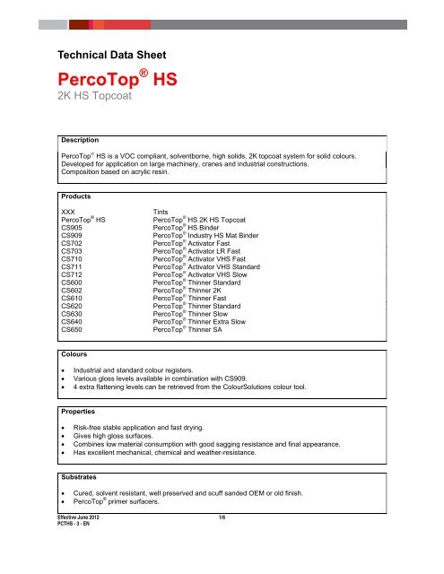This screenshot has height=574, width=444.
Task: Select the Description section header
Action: [x=80, y=140]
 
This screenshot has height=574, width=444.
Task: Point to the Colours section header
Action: [x=74, y=354]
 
